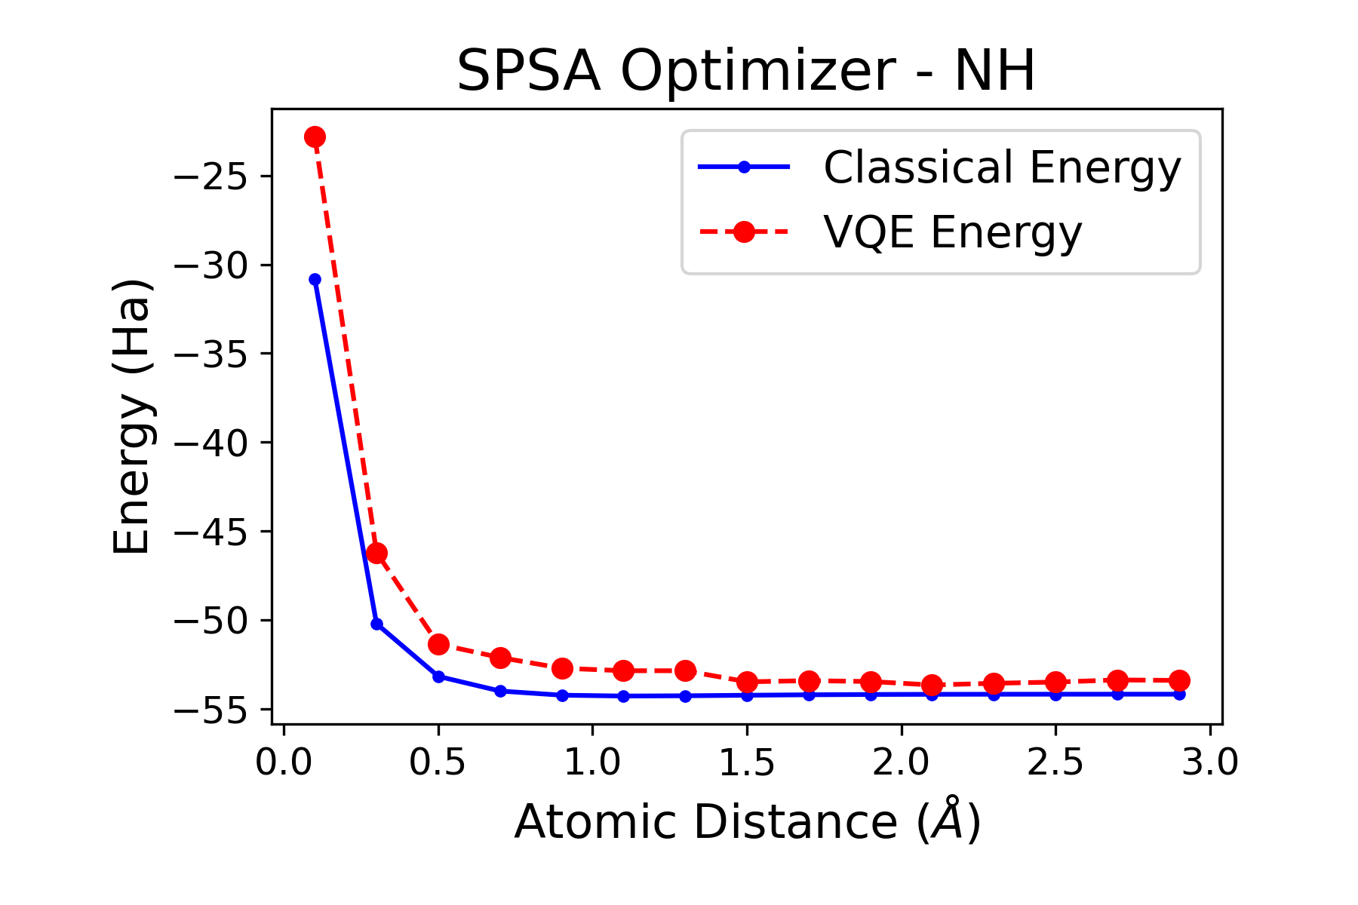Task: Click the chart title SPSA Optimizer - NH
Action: [x=745, y=72]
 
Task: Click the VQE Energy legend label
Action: [x=952, y=232]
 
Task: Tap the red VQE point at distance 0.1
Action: [x=315, y=137]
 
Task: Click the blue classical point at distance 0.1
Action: [x=315, y=280]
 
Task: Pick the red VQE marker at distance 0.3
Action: [x=376, y=554]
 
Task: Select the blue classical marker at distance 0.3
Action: [x=376, y=624]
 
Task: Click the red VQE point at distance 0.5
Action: [x=438, y=644]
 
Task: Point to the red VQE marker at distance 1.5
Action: [x=747, y=683]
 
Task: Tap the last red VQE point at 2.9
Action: [x=1179, y=680]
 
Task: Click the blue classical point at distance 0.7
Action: [x=500, y=691]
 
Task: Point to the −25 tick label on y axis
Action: [x=212, y=177]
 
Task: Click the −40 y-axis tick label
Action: [x=212, y=443]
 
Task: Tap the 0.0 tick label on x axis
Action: [x=283, y=763]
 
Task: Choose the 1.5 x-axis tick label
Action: [x=746, y=763]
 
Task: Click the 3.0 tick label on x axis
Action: [x=1209, y=763]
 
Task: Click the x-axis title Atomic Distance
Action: [x=746, y=822]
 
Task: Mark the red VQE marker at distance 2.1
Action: [x=932, y=685]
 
